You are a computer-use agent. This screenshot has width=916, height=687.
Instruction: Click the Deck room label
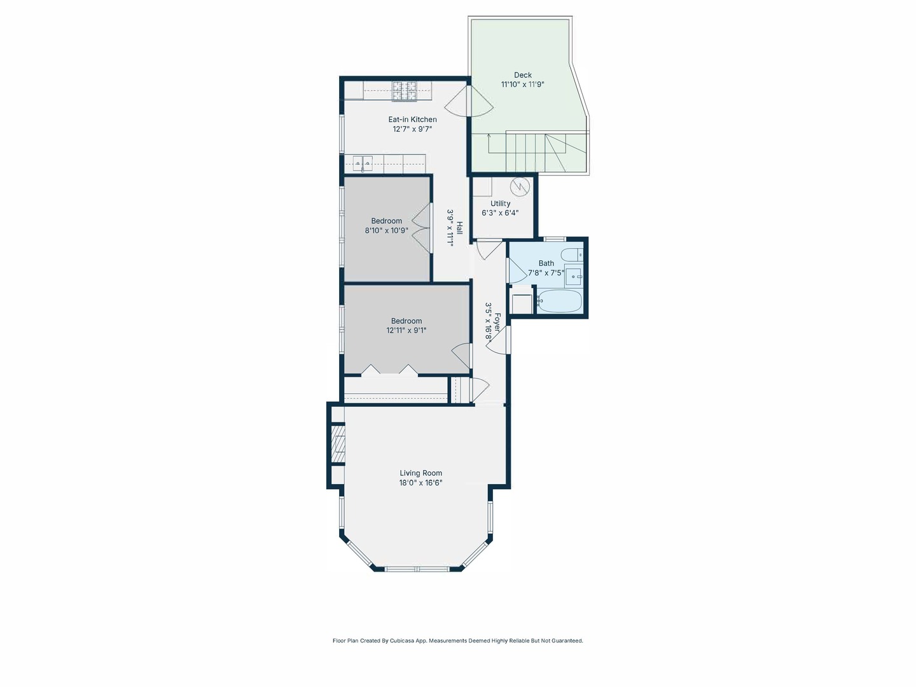[523, 75]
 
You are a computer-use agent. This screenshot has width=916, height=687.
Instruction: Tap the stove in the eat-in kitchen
[404, 91]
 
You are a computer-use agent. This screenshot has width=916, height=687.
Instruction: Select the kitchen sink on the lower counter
[363, 164]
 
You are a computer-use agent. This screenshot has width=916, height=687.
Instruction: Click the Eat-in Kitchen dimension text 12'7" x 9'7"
[412, 129]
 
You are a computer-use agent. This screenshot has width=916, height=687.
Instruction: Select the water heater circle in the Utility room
[520, 186]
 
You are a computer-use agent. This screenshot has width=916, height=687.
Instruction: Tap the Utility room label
[500, 204]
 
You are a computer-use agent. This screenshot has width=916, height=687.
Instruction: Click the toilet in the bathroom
[572, 254]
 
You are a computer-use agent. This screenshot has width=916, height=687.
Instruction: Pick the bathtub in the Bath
[559, 302]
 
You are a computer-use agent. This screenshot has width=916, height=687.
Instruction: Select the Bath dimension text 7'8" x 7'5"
[546, 273]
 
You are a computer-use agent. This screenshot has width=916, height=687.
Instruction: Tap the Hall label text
[459, 228]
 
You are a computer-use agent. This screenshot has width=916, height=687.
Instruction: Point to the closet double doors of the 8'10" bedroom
[422, 228]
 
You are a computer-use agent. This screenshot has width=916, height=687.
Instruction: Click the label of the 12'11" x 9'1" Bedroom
[406, 321]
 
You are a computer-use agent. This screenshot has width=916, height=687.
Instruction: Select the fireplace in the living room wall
[338, 443]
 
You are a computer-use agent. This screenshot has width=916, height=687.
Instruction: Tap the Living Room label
[420, 473]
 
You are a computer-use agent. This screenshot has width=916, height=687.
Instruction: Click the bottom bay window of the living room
[416, 568]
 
